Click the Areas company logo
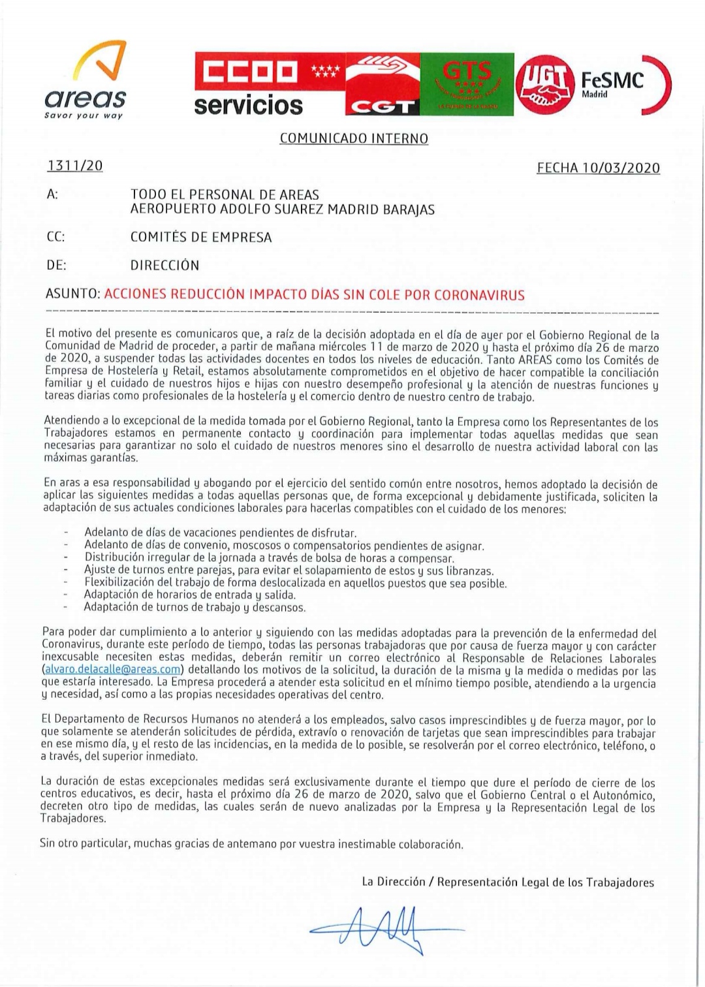85,82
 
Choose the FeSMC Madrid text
612,83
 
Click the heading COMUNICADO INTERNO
353,139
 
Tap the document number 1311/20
74,166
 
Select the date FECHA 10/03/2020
598,168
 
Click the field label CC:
55,238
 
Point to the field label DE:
56,266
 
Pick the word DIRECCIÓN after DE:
164,266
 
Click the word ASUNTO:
72,294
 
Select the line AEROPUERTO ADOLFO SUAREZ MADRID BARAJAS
282,210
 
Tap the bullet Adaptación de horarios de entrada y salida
190,595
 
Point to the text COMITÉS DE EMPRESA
201,238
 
